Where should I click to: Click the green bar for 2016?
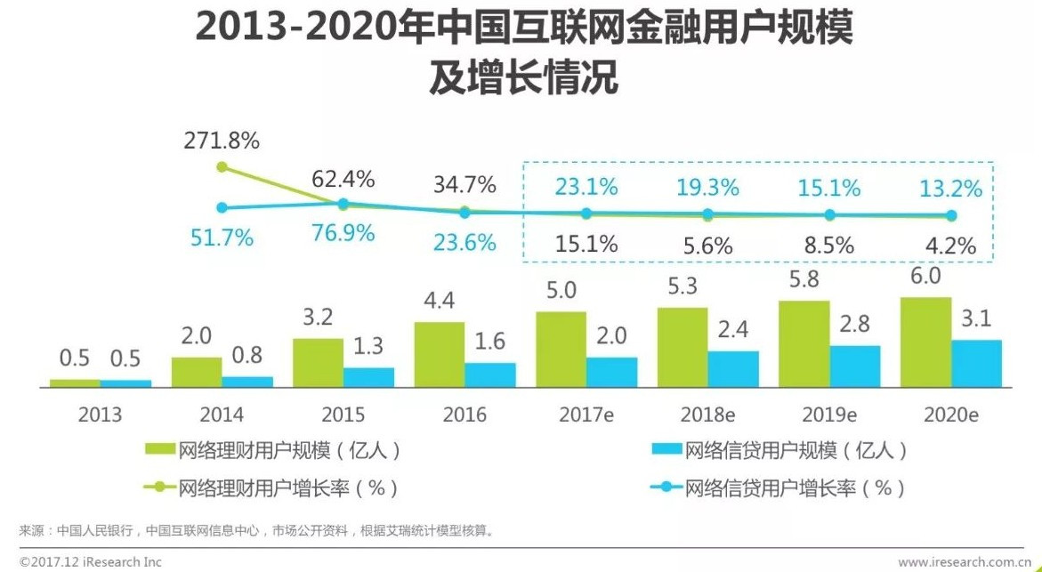(439, 355)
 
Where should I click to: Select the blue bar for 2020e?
(976, 364)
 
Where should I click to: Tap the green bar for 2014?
(197, 373)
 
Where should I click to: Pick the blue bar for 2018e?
(733, 369)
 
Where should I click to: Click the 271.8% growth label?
(222, 141)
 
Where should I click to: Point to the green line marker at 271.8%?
(222, 166)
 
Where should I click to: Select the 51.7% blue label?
(222, 238)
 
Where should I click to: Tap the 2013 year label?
(100, 415)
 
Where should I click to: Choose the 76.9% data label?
(343, 234)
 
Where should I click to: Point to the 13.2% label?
(951, 189)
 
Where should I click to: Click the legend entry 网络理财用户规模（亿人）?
(271, 451)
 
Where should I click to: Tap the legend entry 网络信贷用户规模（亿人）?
(779, 451)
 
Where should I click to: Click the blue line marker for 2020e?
(951, 215)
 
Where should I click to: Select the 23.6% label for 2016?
(464, 242)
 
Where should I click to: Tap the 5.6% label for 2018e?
(707, 246)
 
